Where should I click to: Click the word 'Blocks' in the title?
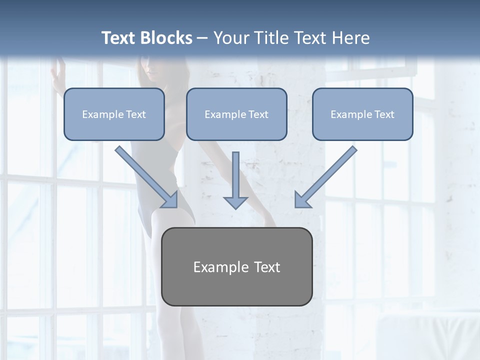(167, 38)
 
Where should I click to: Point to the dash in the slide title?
(202, 38)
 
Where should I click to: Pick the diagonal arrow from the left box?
(146, 176)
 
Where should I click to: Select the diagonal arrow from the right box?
(326, 176)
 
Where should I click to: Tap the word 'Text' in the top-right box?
(384, 114)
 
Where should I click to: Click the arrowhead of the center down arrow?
(235, 202)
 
